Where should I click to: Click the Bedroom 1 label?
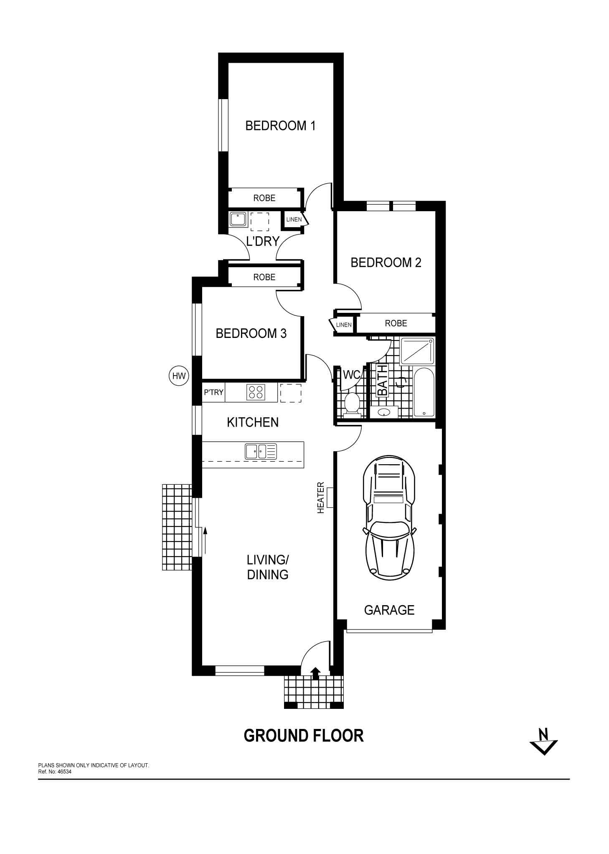[x=280, y=125]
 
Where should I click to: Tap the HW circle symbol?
[x=179, y=376]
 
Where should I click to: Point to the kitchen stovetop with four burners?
[x=256, y=392]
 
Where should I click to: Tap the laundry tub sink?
[x=238, y=220]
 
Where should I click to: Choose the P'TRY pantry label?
[x=213, y=393]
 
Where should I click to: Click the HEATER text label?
[x=321, y=498]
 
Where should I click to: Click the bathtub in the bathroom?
[x=424, y=392]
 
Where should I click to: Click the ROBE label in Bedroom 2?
[x=396, y=323]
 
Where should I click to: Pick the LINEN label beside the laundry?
[x=294, y=220]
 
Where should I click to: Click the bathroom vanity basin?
[x=384, y=412]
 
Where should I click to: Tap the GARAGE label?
[x=389, y=610]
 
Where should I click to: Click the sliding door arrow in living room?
[x=205, y=541]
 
